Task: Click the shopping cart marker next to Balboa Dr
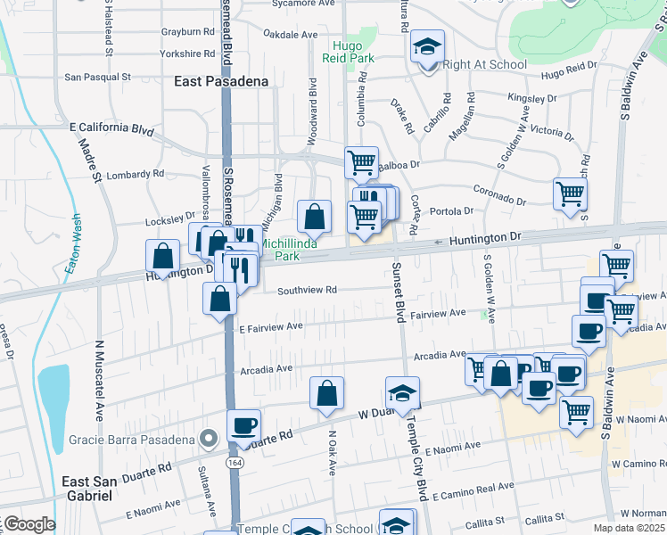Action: tap(361, 163)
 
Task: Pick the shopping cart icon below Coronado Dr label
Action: tap(570, 193)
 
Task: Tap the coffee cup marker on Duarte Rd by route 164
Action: tap(243, 425)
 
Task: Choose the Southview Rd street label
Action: tap(307, 290)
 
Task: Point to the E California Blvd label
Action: tap(111, 128)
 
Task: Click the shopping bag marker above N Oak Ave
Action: tap(327, 393)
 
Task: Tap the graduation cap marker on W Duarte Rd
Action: tap(403, 393)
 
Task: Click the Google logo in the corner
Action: tap(29, 524)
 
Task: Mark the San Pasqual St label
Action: tap(98, 78)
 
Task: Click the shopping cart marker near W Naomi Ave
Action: tap(577, 413)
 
